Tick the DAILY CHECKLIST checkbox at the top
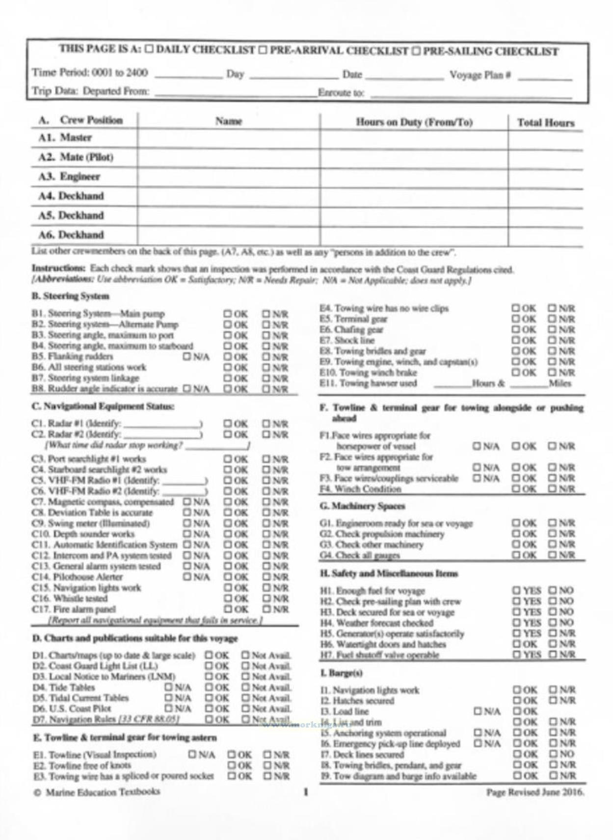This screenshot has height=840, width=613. point(149,49)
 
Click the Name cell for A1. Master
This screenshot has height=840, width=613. point(228,138)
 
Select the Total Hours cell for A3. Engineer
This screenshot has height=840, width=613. point(545,179)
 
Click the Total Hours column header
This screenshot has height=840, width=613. point(545,123)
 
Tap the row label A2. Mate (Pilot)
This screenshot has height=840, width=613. point(76,157)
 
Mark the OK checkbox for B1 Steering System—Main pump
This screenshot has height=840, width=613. point(228,313)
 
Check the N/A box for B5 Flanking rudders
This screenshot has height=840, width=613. point(187,356)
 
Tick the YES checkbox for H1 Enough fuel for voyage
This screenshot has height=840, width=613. point(516,590)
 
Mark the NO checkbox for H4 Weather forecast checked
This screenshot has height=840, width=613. point(553,623)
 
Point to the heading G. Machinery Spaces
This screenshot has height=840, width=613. point(362,506)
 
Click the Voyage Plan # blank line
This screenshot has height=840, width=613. point(545,77)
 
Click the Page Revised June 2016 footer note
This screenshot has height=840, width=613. point(535,792)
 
